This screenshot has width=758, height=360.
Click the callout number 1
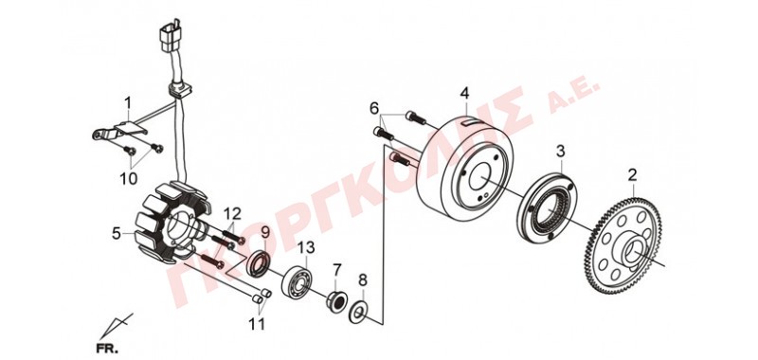(128, 103)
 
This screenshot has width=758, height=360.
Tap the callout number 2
(632, 175)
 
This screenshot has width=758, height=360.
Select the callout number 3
(560, 152)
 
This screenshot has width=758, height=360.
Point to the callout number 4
(464, 93)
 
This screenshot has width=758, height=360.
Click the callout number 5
(116, 234)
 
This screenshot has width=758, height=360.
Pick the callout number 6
(374, 108)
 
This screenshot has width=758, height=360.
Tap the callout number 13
(306, 248)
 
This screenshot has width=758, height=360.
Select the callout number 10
(129, 178)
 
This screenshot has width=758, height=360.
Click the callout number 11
(257, 323)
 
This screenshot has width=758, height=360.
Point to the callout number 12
(232, 212)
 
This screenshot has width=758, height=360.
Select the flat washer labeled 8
(359, 314)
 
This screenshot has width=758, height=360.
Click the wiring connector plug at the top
(171, 35)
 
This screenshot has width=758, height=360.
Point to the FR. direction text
(106, 347)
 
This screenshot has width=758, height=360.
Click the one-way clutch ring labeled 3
(548, 206)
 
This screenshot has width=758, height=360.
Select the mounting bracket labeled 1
(119, 132)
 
